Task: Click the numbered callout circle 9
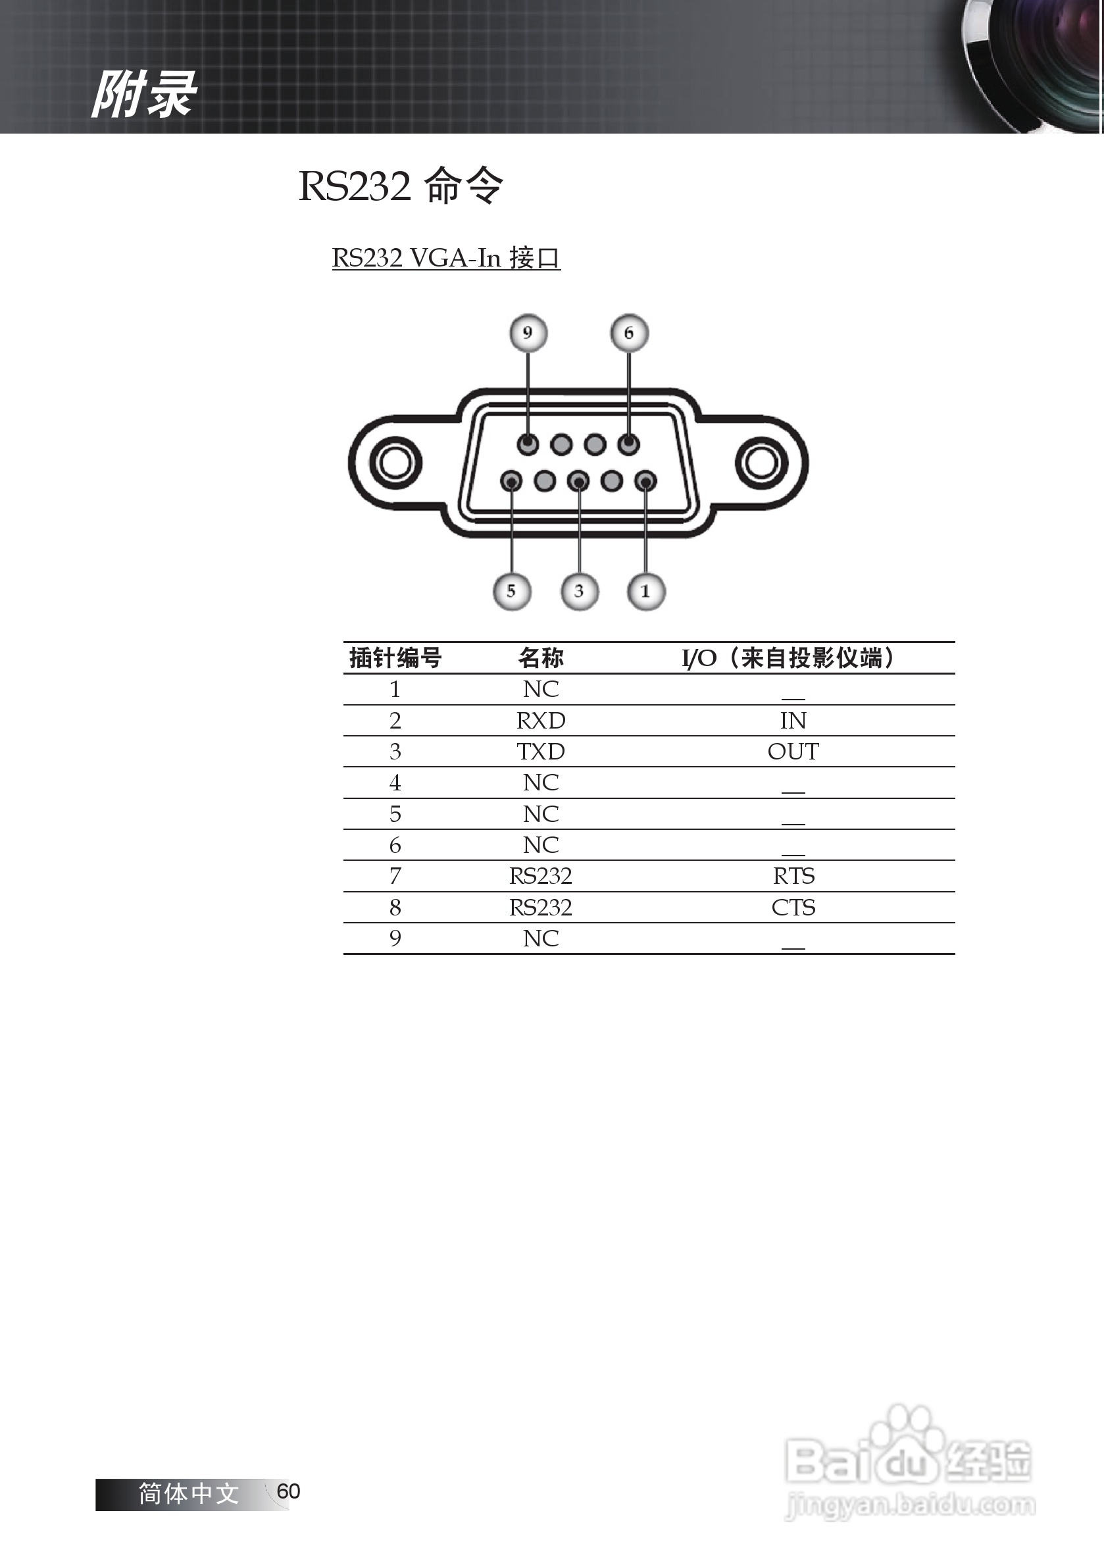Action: [x=528, y=333]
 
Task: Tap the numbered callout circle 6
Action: [x=628, y=333]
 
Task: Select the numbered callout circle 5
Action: [x=511, y=591]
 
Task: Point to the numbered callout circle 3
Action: [x=579, y=591]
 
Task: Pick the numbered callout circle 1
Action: [x=645, y=591]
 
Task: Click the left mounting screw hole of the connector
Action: [x=395, y=462]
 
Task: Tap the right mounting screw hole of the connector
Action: [x=761, y=463]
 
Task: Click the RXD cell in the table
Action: [x=540, y=721]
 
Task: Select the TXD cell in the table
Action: [x=540, y=752]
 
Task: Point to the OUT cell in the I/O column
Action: [x=793, y=752]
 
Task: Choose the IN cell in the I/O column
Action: [x=793, y=721]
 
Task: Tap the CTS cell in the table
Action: [x=793, y=907]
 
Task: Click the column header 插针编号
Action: [x=395, y=658]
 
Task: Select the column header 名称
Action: [x=540, y=658]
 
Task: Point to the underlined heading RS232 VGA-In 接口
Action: [x=445, y=258]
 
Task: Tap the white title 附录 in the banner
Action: [x=144, y=94]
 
